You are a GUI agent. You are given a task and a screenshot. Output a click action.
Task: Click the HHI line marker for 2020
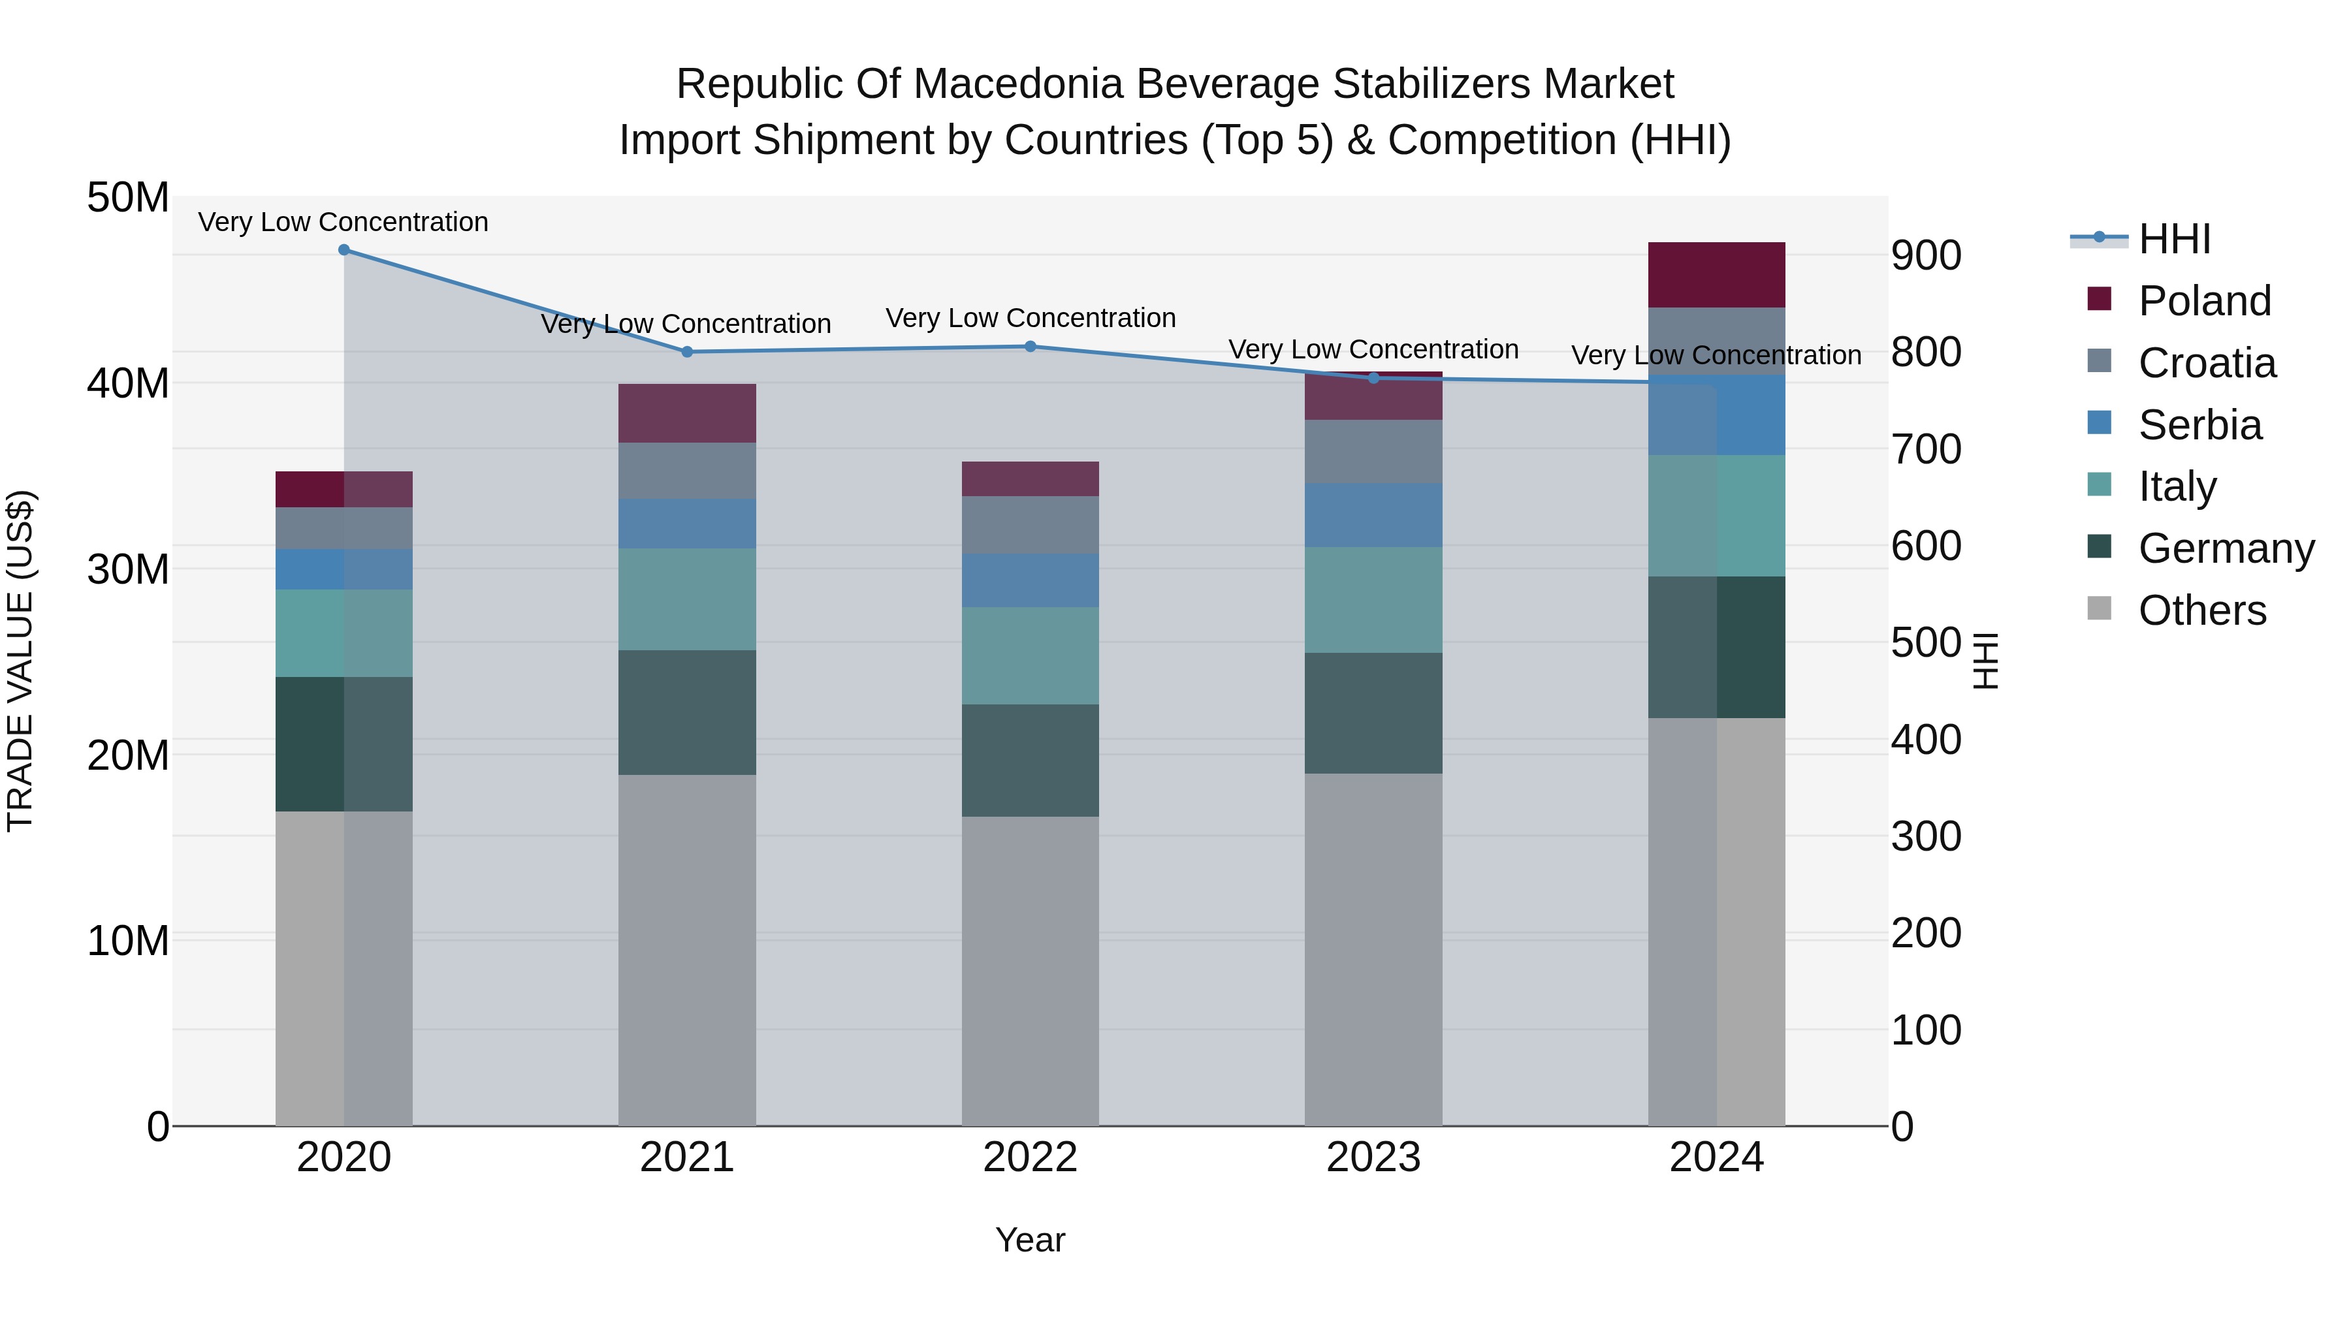click(x=344, y=250)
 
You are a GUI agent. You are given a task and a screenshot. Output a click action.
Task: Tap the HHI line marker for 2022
click(x=1031, y=347)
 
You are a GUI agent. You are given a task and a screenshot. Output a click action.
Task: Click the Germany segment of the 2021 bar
click(x=687, y=712)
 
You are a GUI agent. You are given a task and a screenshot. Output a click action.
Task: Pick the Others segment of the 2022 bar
click(x=1031, y=971)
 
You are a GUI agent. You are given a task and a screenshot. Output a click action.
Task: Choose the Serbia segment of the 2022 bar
click(x=1031, y=580)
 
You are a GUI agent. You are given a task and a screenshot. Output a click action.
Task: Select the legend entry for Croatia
click(x=2206, y=363)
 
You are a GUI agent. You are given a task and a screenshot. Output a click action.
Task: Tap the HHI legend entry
click(x=2174, y=239)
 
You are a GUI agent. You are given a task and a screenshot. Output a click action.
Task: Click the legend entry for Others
click(x=2201, y=610)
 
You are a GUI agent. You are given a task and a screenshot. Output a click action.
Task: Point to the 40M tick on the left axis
click(x=128, y=383)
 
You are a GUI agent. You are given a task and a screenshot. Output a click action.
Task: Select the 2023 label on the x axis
click(x=1373, y=1157)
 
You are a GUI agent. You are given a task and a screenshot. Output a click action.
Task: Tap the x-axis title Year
click(x=1031, y=1240)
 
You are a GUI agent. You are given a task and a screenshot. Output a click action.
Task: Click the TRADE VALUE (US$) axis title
click(x=20, y=661)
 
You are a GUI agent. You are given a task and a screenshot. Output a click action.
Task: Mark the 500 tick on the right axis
click(x=1926, y=642)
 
